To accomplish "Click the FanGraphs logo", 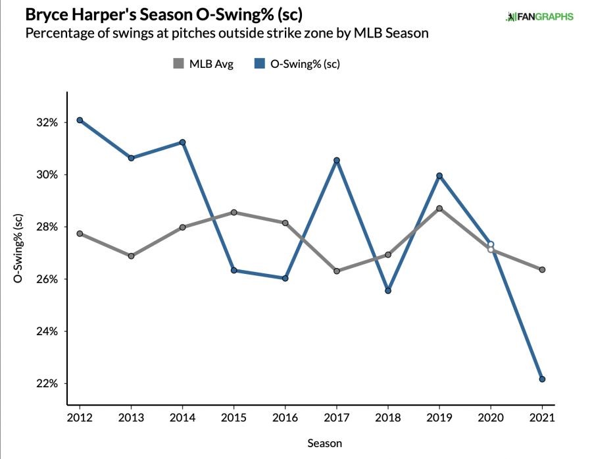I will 539,16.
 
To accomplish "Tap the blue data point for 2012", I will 80,120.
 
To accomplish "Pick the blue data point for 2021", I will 542,379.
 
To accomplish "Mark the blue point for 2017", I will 337,160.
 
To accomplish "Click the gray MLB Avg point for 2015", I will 234,213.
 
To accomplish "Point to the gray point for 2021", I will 542,269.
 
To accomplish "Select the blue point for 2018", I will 388,290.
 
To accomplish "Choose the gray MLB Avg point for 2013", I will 131,256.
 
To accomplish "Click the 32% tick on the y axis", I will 50,122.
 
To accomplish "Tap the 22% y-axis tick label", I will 50,383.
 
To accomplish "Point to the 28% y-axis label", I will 50,227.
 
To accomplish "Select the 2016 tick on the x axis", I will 285,418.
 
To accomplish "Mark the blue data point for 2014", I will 182,142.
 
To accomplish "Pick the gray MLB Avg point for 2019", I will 439,209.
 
